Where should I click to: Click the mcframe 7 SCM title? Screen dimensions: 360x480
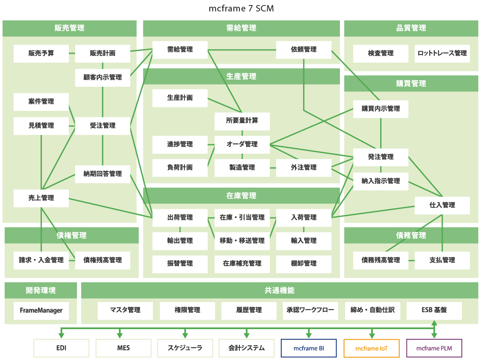(241, 8)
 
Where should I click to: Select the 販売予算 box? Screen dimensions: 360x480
(41, 53)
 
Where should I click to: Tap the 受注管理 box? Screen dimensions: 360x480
(102, 126)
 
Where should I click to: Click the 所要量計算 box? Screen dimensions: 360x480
(242, 121)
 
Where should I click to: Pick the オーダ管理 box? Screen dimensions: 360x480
(242, 144)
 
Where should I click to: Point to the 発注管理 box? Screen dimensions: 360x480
(381, 157)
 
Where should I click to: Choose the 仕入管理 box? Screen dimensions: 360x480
(442, 205)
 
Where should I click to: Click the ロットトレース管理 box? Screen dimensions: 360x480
(442, 53)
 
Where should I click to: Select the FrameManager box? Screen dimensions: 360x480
(41, 310)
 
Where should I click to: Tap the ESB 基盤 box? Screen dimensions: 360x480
(434, 310)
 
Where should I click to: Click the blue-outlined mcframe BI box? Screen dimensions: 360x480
(309, 348)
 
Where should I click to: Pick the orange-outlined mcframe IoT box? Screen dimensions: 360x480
(371, 348)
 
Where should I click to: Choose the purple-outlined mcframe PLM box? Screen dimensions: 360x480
(434, 348)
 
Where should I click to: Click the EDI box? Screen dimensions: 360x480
(61, 348)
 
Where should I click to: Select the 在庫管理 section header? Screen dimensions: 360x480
(241, 196)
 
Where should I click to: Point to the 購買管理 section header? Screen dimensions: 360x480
(411, 84)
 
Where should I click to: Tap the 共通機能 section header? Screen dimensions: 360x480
(279, 291)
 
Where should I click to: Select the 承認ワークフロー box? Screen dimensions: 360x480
(310, 310)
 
